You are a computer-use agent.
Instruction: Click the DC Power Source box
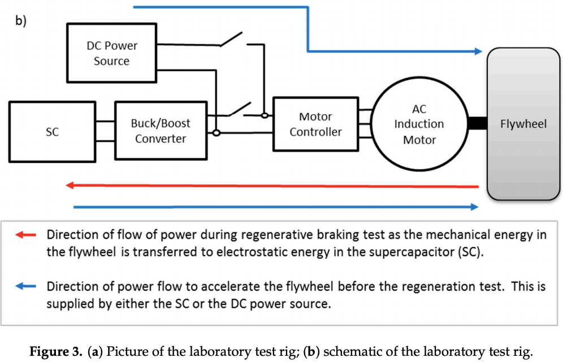[111, 53]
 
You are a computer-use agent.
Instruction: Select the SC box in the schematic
[52, 131]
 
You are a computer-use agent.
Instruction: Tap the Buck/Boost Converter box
[161, 131]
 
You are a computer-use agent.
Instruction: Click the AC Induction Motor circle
[419, 124]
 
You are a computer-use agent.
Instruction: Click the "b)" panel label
[21, 21]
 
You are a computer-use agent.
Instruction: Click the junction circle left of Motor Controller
[264, 116]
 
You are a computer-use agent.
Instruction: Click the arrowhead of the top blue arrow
[479, 51]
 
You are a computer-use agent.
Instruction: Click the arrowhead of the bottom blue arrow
[475, 207]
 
